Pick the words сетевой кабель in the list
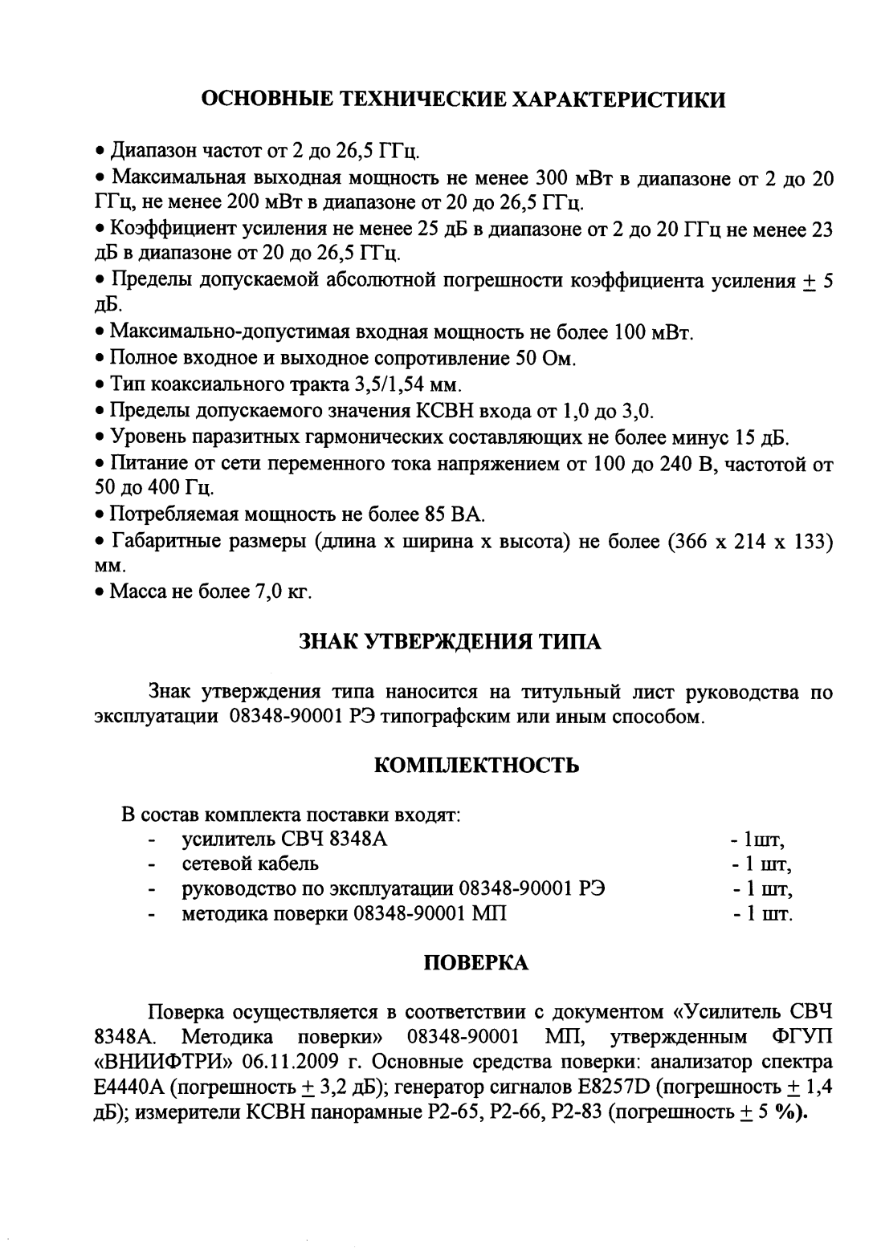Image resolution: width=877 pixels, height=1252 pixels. coord(250,864)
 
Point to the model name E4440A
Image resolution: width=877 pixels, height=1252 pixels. coord(130,1087)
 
